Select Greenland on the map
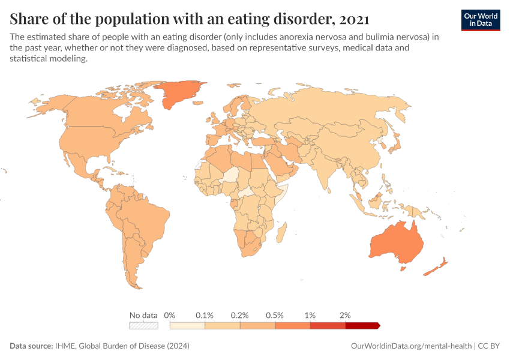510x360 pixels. coord(181,92)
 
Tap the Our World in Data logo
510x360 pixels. coord(480,20)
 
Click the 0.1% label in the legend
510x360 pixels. coord(205,315)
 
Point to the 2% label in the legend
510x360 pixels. coord(345,315)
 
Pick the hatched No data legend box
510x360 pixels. coord(144,326)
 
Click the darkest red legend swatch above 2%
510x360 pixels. coord(362,326)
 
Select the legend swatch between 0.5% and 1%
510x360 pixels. coord(293,326)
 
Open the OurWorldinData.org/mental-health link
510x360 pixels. coord(410,346)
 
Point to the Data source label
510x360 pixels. coord(31,346)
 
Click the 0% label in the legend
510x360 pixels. coord(170,315)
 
